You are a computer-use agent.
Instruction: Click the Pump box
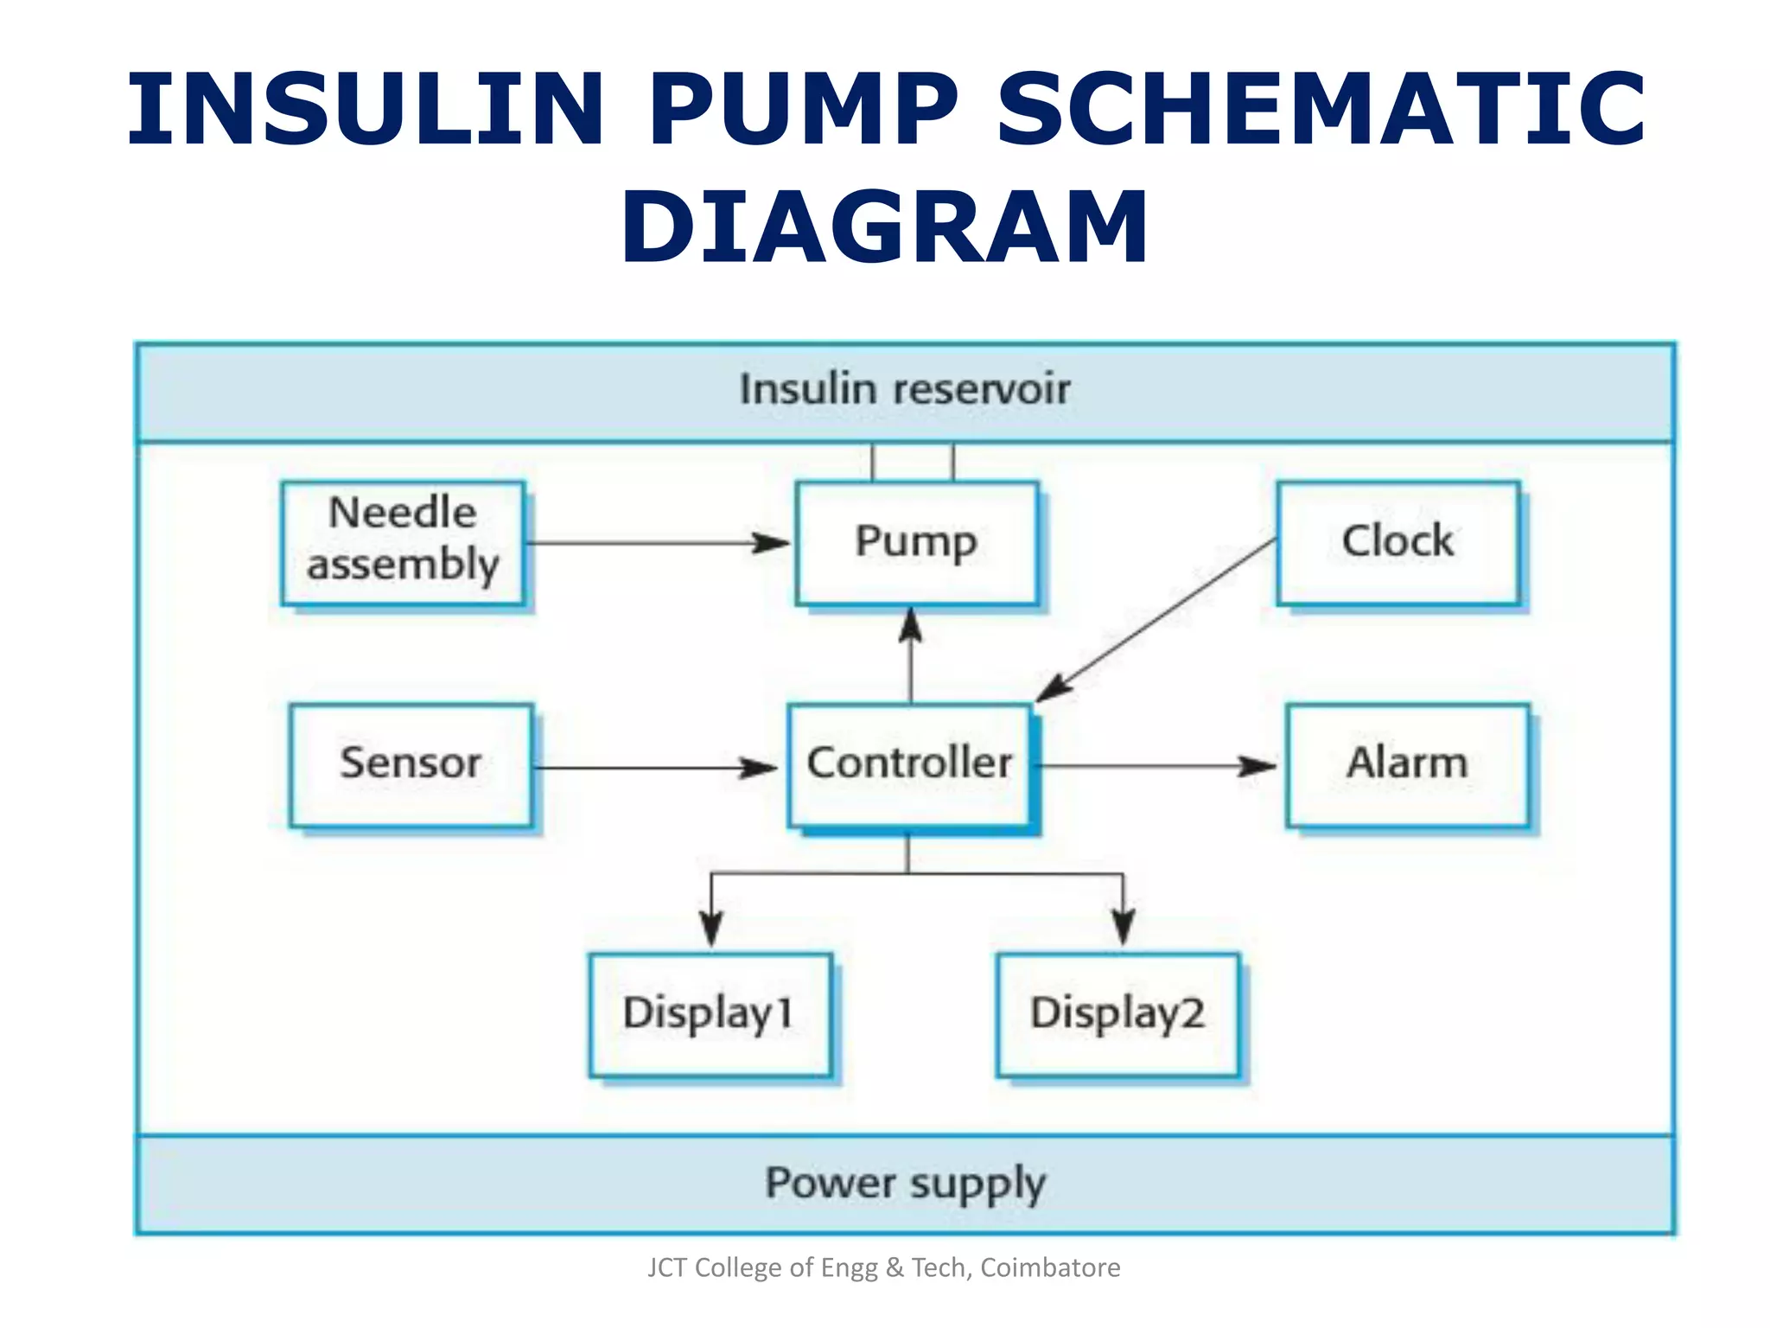[916, 543]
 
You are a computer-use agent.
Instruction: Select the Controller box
[909, 764]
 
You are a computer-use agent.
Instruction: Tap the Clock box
[1398, 543]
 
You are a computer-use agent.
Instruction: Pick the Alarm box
[1407, 764]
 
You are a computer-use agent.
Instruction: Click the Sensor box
[411, 764]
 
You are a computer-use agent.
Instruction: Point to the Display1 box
[710, 1014]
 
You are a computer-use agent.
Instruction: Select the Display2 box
[1117, 1014]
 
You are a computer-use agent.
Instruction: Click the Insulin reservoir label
[904, 390]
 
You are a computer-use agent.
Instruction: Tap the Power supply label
[905, 1184]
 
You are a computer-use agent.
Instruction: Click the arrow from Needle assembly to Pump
[657, 544]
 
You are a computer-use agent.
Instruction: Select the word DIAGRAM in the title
[884, 227]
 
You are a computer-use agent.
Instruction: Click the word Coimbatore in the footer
[1050, 1267]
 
